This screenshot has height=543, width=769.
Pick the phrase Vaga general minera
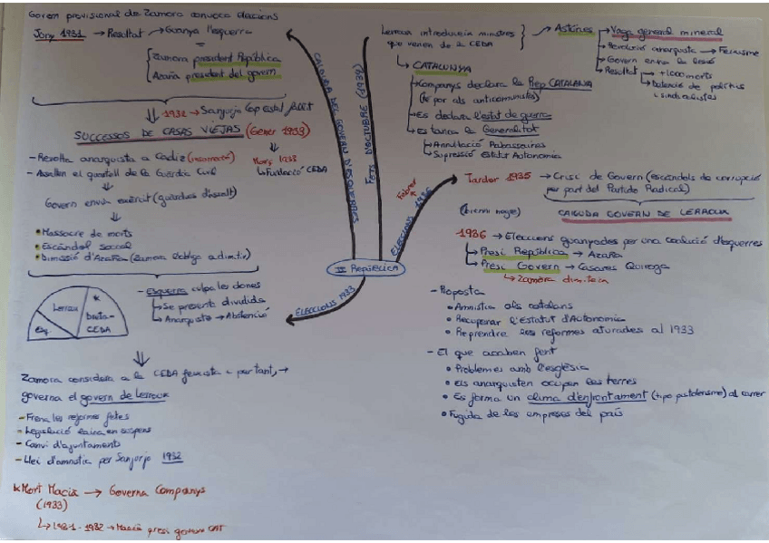pos(667,30)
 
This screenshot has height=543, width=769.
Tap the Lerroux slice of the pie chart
pos(65,308)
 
